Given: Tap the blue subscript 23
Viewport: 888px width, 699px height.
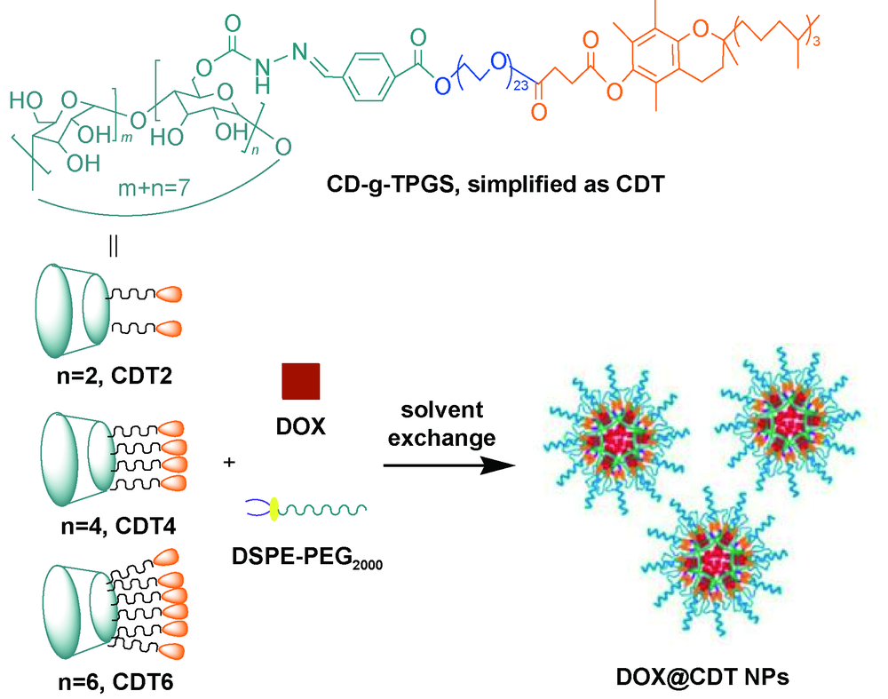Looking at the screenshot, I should point(514,85).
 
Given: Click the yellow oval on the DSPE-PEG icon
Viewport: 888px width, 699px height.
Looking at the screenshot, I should point(274,507).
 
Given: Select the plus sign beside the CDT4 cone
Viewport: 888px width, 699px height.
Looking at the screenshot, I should point(231,462).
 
